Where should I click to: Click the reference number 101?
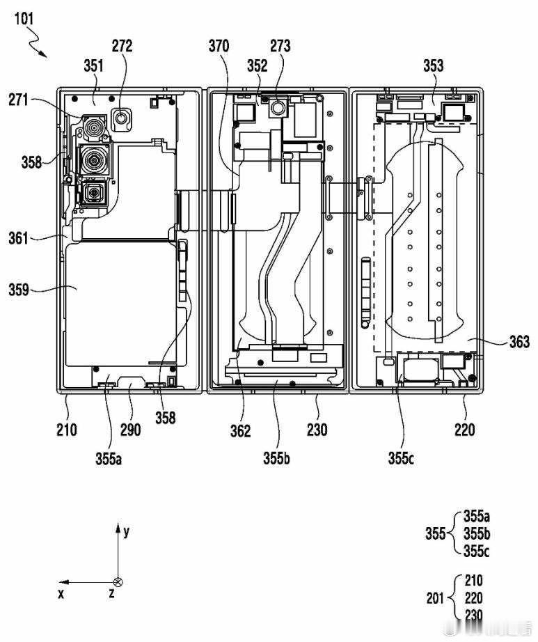(x=24, y=18)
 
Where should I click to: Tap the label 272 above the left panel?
(x=122, y=46)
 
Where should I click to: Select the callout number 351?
(x=94, y=65)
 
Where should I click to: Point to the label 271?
(x=18, y=100)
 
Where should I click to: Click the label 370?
(x=219, y=46)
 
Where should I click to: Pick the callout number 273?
(x=280, y=46)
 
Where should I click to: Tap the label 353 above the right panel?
(x=434, y=65)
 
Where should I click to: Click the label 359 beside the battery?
(x=19, y=290)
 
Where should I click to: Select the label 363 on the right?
(x=520, y=341)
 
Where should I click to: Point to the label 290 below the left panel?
(x=131, y=430)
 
